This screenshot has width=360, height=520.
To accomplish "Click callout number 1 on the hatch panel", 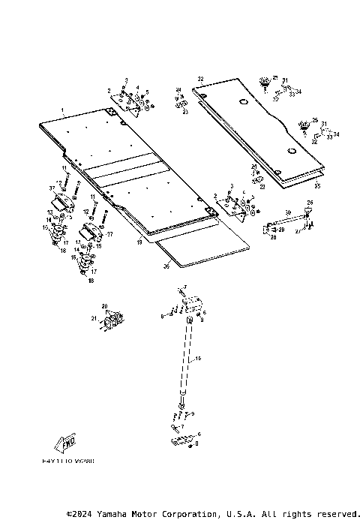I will (64, 111).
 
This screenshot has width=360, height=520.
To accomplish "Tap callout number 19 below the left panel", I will (139, 242).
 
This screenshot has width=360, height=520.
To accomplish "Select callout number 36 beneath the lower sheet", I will (166, 265).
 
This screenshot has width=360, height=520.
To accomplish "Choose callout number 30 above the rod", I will (287, 212).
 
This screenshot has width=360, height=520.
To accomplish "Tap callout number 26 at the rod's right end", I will (311, 203).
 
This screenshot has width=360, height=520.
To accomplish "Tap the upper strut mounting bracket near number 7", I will (188, 304).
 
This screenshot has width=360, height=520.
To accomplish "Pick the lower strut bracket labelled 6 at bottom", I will (183, 440).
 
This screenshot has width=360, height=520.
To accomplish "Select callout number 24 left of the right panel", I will (178, 90).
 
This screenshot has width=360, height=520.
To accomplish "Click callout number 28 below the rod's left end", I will (273, 238).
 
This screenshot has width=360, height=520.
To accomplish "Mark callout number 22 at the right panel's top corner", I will (200, 79).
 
